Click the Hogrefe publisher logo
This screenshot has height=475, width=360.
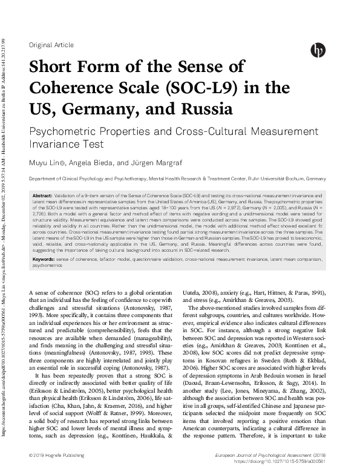click(x=317, y=50)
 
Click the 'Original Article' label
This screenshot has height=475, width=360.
click(x=51, y=45)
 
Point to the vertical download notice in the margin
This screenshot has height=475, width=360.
click(x=5, y=236)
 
